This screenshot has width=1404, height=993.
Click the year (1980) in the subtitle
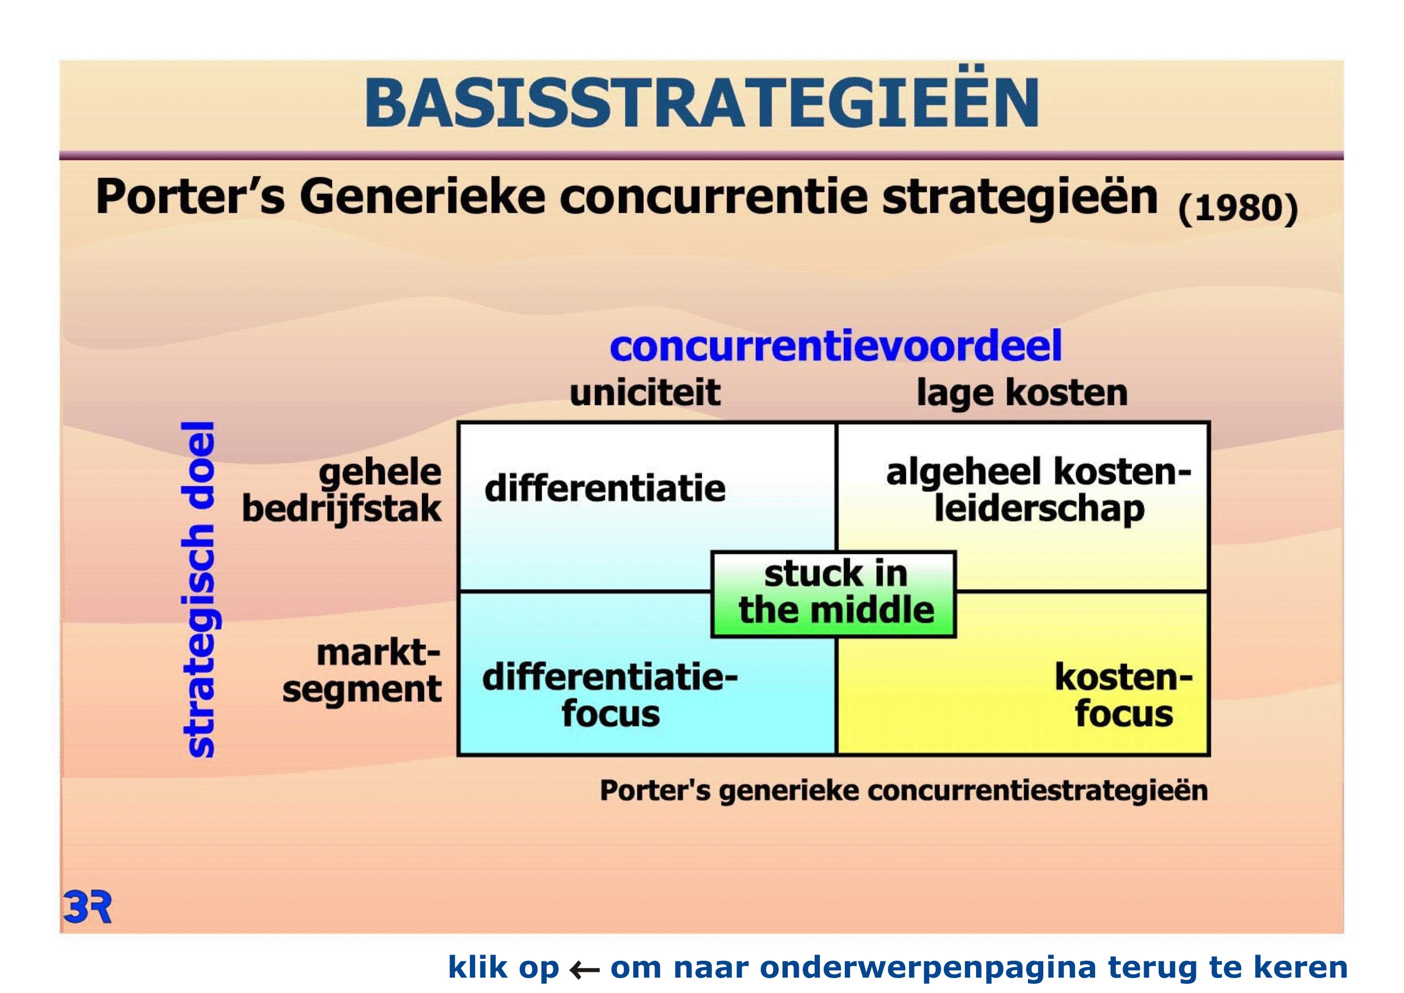tap(1238, 208)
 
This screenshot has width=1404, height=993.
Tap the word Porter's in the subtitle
tap(190, 197)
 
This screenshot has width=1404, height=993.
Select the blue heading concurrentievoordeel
tap(835, 346)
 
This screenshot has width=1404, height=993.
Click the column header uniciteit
tap(645, 392)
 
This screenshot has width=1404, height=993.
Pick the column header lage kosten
tap(1022, 392)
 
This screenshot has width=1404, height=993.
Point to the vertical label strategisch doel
tap(199, 589)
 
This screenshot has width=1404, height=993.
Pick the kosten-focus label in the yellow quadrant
tap(1124, 695)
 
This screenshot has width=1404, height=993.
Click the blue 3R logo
tap(87, 907)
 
